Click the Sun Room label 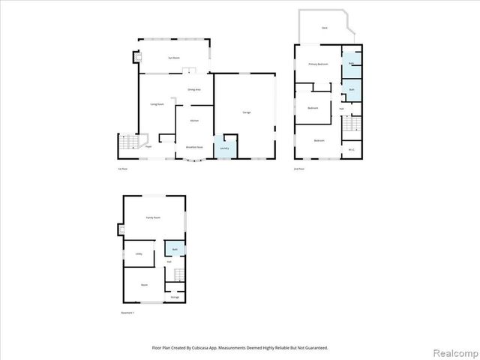pyautogui.click(x=172, y=56)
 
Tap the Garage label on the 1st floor pyautogui.click(x=246, y=112)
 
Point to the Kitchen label pyautogui.click(x=193, y=120)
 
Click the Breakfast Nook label pyautogui.click(x=194, y=147)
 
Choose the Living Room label pyautogui.click(x=157, y=104)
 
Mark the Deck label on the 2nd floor pyautogui.click(x=324, y=27)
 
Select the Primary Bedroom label pyautogui.click(x=319, y=64)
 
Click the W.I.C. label pyautogui.click(x=351, y=149)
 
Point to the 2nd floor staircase pyautogui.click(x=351, y=129)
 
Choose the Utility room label pyautogui.click(x=139, y=254)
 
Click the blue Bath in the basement pyautogui.click(x=174, y=249)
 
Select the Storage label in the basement pyautogui.click(x=174, y=298)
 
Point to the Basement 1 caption pyautogui.click(x=127, y=312)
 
